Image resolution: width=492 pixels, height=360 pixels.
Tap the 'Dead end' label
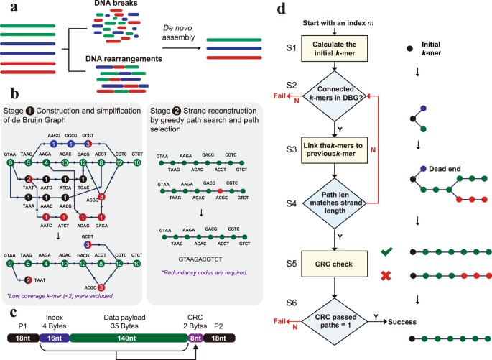coord(445,171)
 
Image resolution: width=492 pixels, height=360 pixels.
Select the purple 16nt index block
coord(53,337)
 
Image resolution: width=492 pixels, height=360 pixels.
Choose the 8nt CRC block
coord(196,337)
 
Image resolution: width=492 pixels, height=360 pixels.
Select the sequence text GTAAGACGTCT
coord(190,254)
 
